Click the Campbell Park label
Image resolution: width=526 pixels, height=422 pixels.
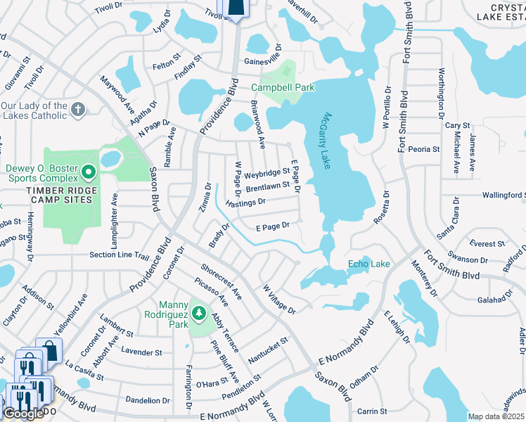(283, 88)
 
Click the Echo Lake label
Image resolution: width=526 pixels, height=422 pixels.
(368, 264)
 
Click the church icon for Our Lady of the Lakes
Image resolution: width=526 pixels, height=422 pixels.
(79, 110)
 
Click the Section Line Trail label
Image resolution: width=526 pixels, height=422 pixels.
(119, 255)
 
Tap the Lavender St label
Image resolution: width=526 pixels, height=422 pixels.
(141, 352)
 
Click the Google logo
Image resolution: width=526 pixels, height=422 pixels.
(23, 414)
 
